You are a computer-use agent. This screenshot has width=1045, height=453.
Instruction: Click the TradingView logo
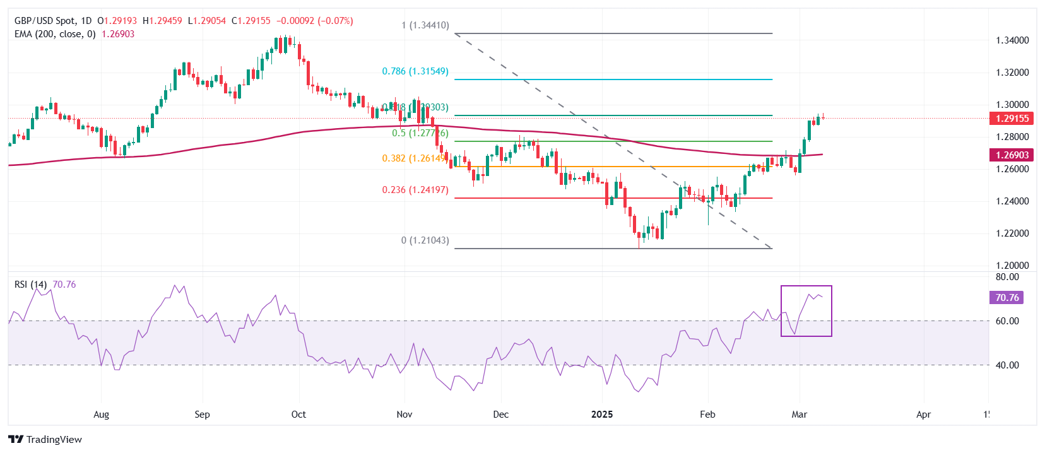[x=45, y=439]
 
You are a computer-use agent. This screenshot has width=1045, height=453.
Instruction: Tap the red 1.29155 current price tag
[x=1012, y=119]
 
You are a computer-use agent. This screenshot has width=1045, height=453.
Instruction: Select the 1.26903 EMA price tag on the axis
[x=1012, y=155]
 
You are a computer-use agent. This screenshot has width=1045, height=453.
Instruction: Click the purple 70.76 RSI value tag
[x=1007, y=298]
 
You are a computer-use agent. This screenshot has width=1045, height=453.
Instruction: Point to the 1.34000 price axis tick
[x=1012, y=40]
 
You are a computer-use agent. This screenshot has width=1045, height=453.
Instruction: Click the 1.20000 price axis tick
[x=1012, y=266]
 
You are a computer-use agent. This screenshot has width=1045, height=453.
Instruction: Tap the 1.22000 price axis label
[x=1012, y=233]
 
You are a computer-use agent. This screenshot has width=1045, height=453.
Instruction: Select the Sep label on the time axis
[x=202, y=415]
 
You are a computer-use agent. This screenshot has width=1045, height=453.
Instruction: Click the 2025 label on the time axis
[x=602, y=415]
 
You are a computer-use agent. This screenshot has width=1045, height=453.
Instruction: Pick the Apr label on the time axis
[x=923, y=415]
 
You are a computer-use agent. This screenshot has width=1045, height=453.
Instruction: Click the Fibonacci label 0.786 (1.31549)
[x=415, y=71]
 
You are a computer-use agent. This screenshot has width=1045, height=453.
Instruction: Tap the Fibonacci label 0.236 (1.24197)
[x=415, y=190]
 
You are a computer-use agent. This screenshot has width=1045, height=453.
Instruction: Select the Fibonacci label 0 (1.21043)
[x=425, y=240]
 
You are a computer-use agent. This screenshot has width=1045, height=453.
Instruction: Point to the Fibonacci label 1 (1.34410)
[x=425, y=26]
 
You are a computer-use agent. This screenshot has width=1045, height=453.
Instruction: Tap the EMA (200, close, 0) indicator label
[x=55, y=34]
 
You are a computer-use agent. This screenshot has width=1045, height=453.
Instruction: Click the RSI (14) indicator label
[x=30, y=285]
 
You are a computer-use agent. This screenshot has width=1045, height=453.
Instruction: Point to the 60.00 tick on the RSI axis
[x=1007, y=321]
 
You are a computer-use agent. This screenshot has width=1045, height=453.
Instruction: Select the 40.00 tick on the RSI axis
[x=1007, y=365]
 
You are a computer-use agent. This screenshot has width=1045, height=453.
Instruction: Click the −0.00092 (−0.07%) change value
[x=314, y=21]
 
